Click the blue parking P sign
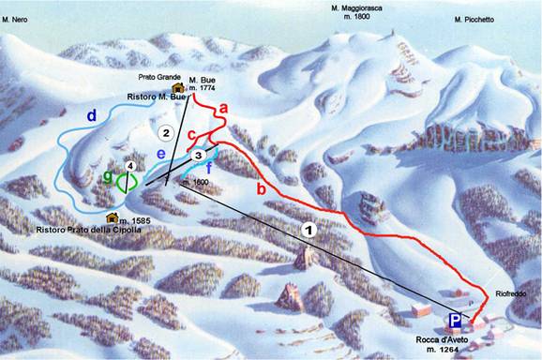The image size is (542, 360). pos(456,319)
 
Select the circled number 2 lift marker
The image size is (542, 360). pos(166,132)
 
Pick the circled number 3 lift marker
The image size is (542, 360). pos(199,154)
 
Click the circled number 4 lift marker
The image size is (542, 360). pos(130,166)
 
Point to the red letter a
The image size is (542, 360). pos(222,109)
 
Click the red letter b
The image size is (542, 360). pos(261,189)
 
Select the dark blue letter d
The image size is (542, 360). pos(92,115)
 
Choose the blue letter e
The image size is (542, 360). pos(160,154)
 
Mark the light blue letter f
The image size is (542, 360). pos(207,169)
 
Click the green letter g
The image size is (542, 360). pos(109,175)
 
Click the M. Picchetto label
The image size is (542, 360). pos(474,19)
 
